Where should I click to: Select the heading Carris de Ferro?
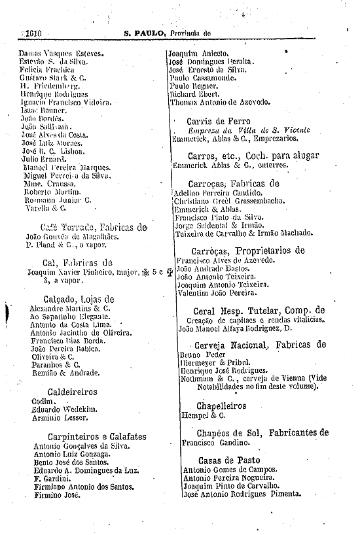(x=218, y=121)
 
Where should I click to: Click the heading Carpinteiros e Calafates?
(x=97, y=436)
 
